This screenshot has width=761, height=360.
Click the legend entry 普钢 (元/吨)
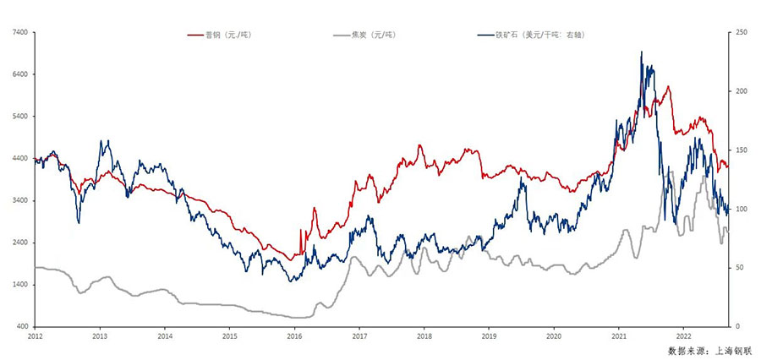tap(227, 35)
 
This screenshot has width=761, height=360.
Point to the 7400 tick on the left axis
tap(19, 32)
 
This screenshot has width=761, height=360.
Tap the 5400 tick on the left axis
tap(19, 117)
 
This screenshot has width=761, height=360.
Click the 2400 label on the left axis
tap(19, 243)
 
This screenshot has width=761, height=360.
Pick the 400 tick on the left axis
tap(21, 326)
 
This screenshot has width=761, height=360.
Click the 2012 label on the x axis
tap(35, 335)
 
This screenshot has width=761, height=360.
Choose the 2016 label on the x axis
tap(294, 335)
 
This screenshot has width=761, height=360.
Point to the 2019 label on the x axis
tap(489, 335)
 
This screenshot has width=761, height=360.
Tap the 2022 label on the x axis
tap(683, 335)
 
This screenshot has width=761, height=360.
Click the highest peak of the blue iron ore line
tap(641, 52)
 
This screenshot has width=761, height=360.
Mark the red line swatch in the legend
tap(194, 35)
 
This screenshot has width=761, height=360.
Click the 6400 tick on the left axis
tap(19, 74)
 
